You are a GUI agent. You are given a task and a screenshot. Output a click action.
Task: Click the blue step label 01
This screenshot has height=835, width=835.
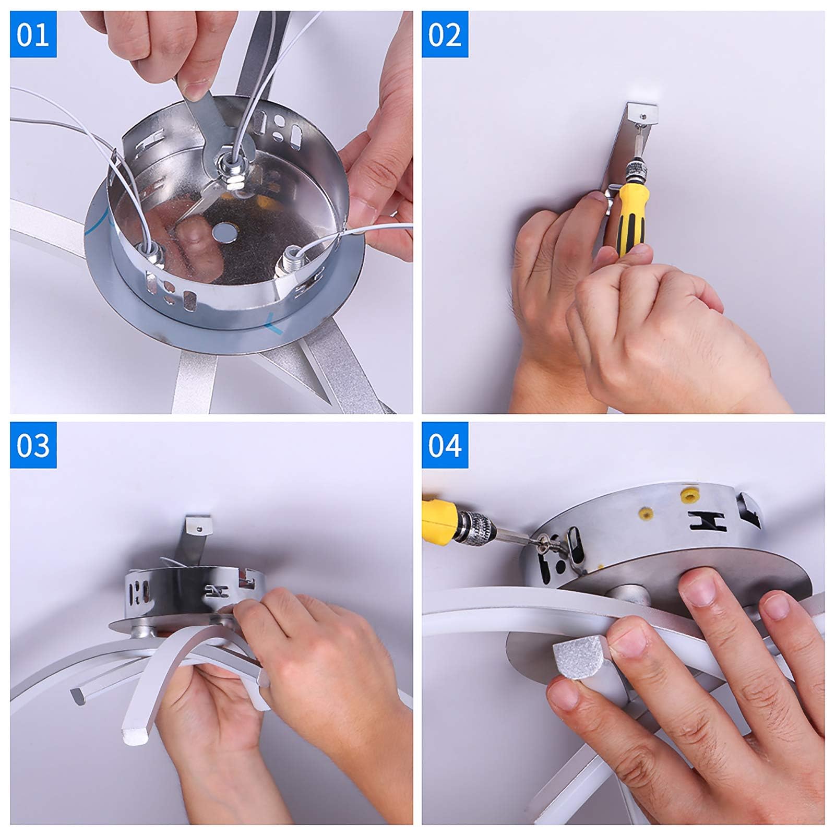[33, 34]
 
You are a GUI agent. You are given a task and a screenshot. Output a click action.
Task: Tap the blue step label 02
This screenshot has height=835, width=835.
[445, 34]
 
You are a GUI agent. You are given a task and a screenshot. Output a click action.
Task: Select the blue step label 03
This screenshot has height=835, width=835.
[33, 445]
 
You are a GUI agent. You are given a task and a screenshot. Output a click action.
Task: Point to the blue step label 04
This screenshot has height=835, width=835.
[445, 445]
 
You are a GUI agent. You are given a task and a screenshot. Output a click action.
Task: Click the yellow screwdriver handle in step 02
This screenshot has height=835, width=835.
[631, 219]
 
